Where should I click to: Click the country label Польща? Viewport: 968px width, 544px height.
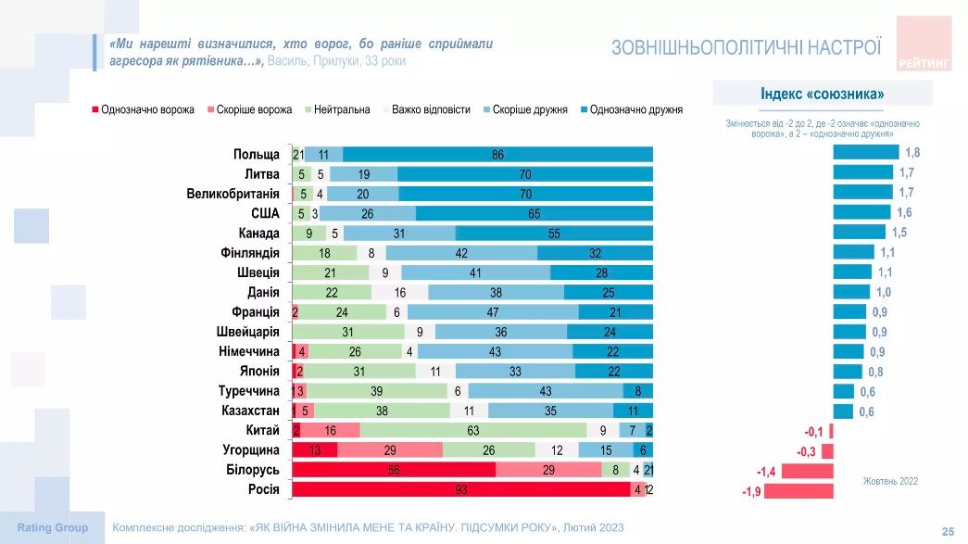point(257,154)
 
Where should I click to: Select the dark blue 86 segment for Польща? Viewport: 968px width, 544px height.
point(497,155)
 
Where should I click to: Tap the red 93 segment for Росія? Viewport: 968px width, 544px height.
point(461,489)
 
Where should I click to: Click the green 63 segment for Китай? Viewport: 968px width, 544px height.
point(473,430)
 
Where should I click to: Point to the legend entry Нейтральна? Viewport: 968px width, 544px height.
point(342,109)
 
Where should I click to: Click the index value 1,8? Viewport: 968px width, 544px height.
point(912,152)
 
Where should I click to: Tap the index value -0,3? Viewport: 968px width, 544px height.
point(807,451)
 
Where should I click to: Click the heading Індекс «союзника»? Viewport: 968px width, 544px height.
point(822,94)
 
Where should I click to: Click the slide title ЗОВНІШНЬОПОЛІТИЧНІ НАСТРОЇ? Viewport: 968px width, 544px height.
point(746,46)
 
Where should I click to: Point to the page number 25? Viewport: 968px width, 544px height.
point(948,531)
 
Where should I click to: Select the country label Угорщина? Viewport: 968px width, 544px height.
point(251,450)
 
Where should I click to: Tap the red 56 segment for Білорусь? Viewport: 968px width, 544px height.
point(394,470)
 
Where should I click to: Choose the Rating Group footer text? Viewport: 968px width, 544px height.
point(53,527)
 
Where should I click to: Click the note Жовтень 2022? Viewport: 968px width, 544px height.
point(890,481)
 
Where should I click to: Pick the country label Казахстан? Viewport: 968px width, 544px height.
point(250,411)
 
